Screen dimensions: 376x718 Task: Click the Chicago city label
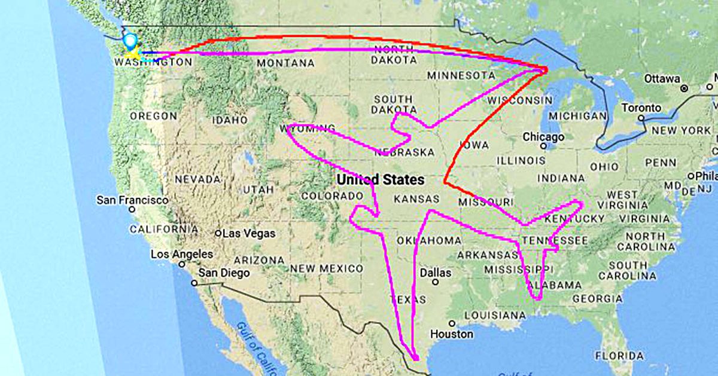coord(543,137)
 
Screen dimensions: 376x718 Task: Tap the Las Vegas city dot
coord(218,233)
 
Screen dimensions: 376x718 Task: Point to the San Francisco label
coord(132,200)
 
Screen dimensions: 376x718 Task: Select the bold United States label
coord(381,179)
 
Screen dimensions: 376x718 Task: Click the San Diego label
coord(224,273)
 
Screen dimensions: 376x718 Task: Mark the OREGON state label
coord(153,115)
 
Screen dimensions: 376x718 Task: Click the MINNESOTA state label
coord(461,75)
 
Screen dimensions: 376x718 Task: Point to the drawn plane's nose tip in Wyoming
coord(289,127)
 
